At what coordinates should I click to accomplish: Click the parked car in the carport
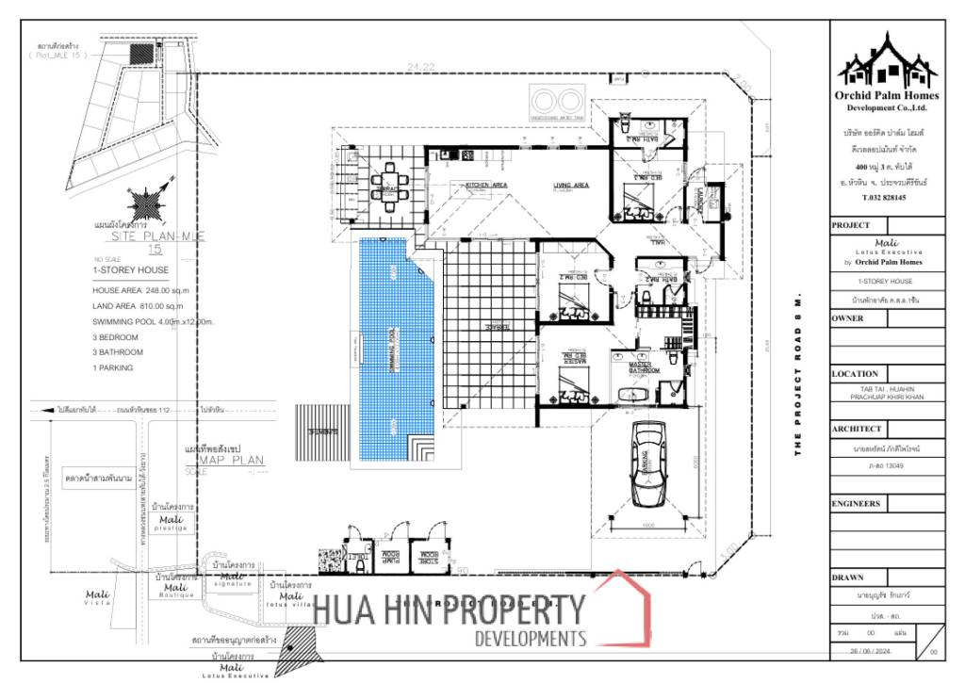coord(649,463)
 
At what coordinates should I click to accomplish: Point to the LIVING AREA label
coord(571,186)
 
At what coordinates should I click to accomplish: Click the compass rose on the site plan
coord(148,203)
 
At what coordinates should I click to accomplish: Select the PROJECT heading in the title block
coord(851,225)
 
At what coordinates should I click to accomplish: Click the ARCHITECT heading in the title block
coord(857,429)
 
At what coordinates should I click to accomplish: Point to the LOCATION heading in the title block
coord(855,374)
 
